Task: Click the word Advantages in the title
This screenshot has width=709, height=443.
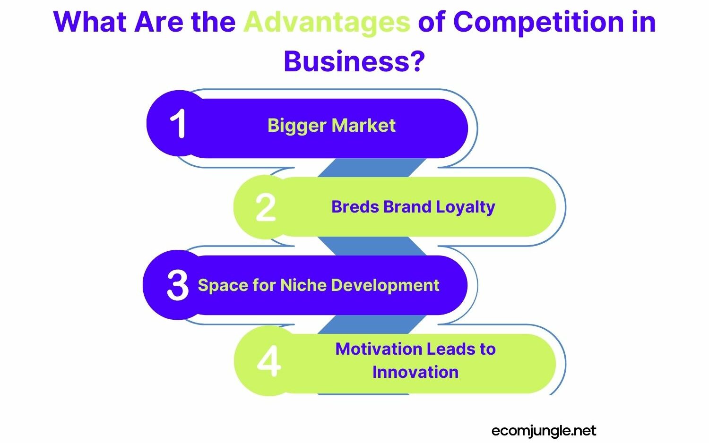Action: pyautogui.click(x=327, y=22)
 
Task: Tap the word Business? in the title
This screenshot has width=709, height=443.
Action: pyautogui.click(x=354, y=61)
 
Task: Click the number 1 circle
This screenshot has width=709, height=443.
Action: pyautogui.click(x=178, y=124)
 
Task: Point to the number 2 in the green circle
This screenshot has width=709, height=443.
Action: pyautogui.click(x=265, y=207)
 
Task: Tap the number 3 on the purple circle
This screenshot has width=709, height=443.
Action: pyautogui.click(x=178, y=285)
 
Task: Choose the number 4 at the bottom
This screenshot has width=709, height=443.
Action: pyautogui.click(x=268, y=362)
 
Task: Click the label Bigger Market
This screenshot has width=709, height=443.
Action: pyautogui.click(x=331, y=126)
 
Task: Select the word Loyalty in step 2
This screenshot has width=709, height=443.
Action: pyautogui.click(x=465, y=207)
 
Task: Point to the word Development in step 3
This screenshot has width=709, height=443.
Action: pyautogui.click(x=385, y=285)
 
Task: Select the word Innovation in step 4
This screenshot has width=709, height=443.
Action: pyautogui.click(x=415, y=372)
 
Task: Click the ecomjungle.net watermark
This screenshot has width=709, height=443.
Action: pyautogui.click(x=544, y=431)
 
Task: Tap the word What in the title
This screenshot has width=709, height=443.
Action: pyautogui.click(x=90, y=22)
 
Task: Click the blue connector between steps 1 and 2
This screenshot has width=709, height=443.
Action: pyautogui.click(x=372, y=168)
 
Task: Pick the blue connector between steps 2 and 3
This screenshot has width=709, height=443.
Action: pyautogui.click(x=372, y=246)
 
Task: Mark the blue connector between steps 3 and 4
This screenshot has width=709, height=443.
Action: pyautogui.click(x=372, y=324)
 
